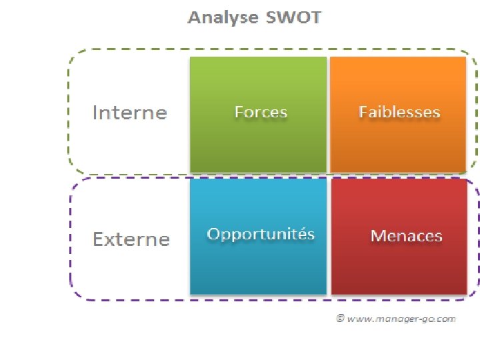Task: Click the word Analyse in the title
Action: pos(223,17)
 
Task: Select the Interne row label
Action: pos(129,112)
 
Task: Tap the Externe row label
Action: pos(131,239)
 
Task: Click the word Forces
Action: pos(261,112)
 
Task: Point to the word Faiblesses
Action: pos(399,112)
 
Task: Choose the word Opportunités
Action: pos(261,234)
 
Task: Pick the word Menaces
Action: pos(406,236)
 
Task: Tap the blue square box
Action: pos(259,267)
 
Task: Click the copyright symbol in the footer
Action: pos(340,319)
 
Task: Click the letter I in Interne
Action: pos(95,112)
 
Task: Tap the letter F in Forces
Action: pos(239,112)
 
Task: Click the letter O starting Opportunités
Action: pos(214,234)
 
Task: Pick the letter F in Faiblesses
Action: pos(363,112)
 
